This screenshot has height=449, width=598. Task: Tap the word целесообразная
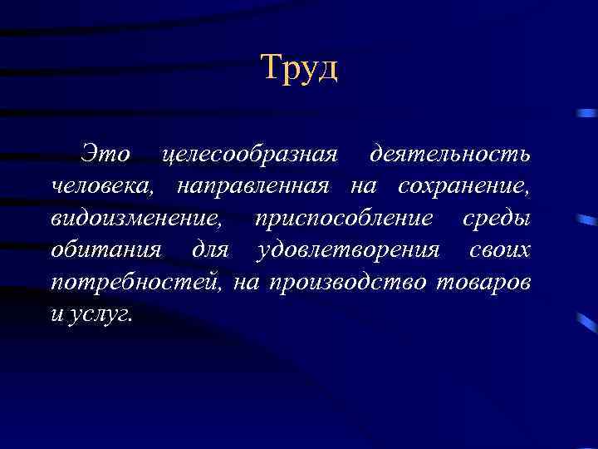tap(250, 155)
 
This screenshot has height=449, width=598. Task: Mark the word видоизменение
tap(136, 218)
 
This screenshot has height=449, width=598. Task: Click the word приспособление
tap(344, 220)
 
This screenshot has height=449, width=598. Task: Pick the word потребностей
tap(136, 283)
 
